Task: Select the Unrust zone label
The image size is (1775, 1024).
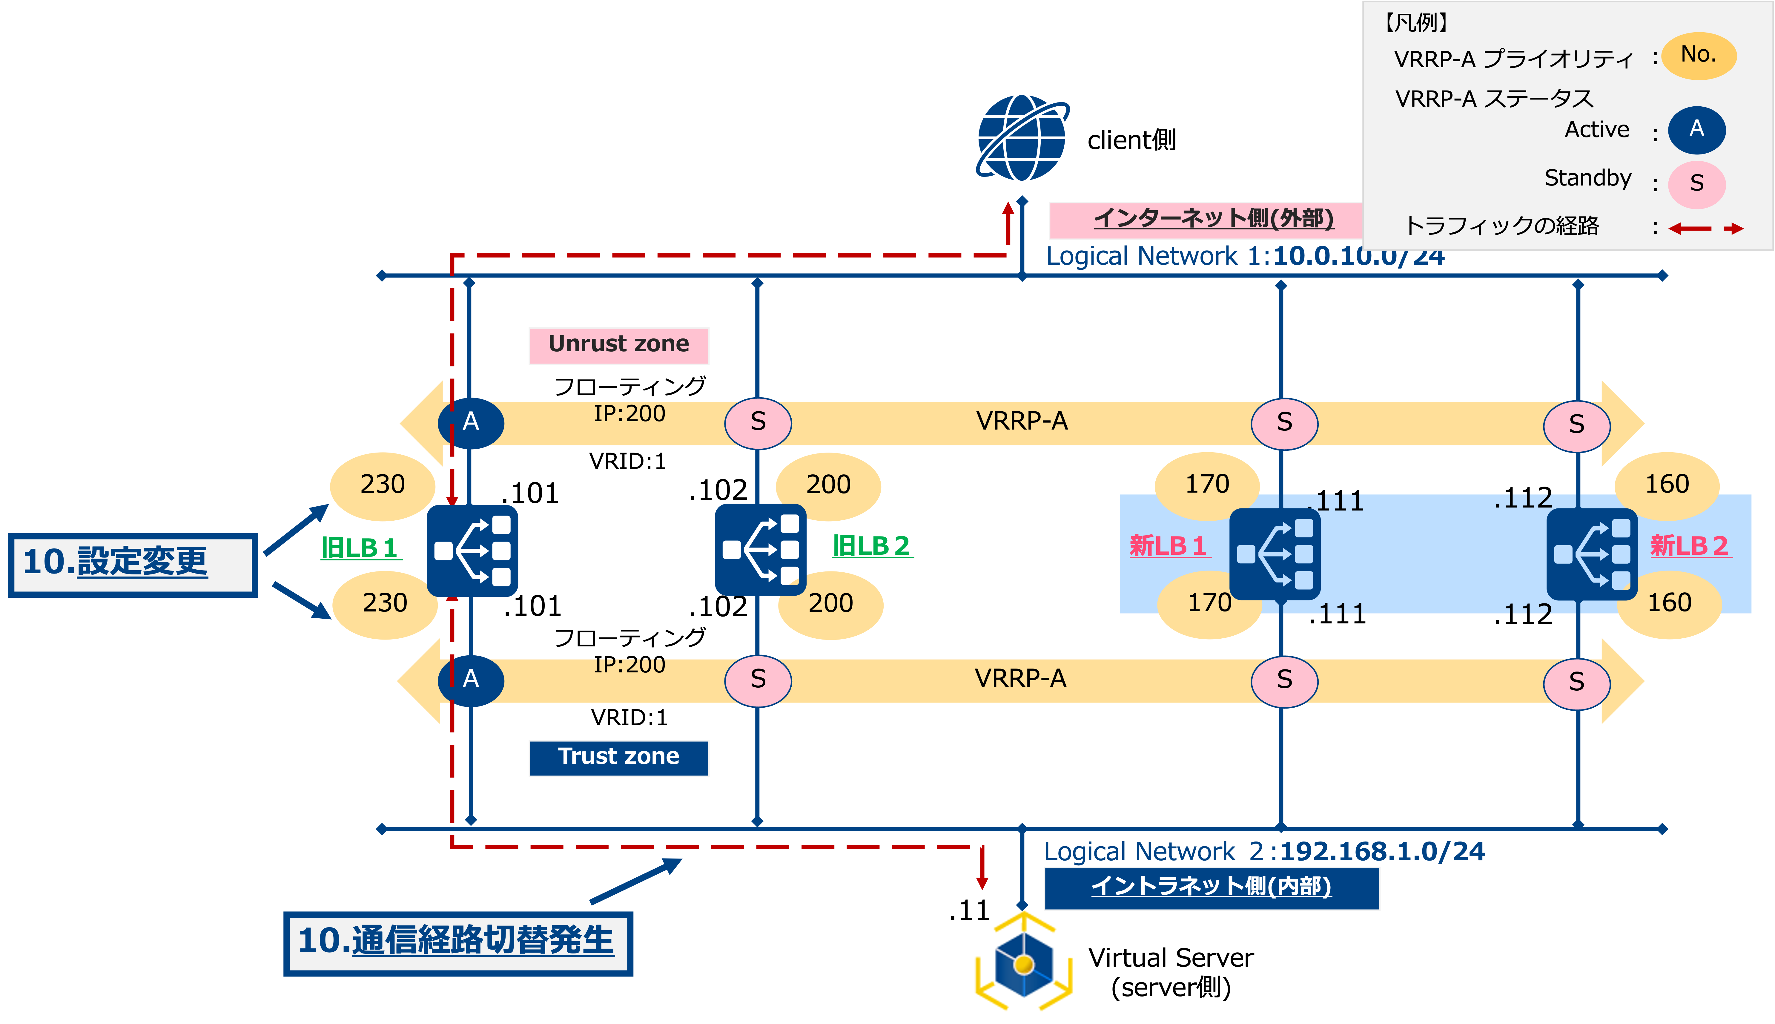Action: coord(619,345)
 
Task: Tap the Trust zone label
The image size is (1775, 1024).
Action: coord(619,758)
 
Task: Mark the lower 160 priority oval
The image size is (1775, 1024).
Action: coord(1670,603)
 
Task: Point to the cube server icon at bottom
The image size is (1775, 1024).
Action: coord(1023,964)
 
